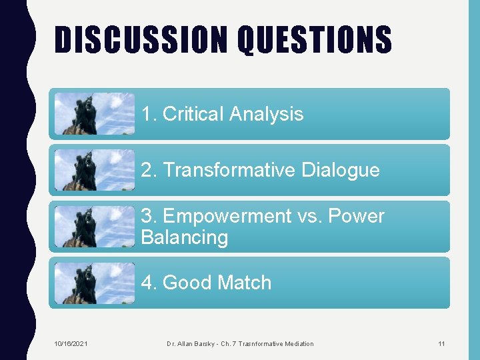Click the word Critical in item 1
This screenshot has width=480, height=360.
point(193,114)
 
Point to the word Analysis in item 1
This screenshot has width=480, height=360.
point(266,115)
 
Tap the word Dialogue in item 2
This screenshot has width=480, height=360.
point(341,171)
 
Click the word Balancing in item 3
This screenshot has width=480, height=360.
point(185,238)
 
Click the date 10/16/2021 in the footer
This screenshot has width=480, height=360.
point(70,343)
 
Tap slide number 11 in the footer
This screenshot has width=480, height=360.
point(441,343)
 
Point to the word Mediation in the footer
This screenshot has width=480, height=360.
point(298,343)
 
